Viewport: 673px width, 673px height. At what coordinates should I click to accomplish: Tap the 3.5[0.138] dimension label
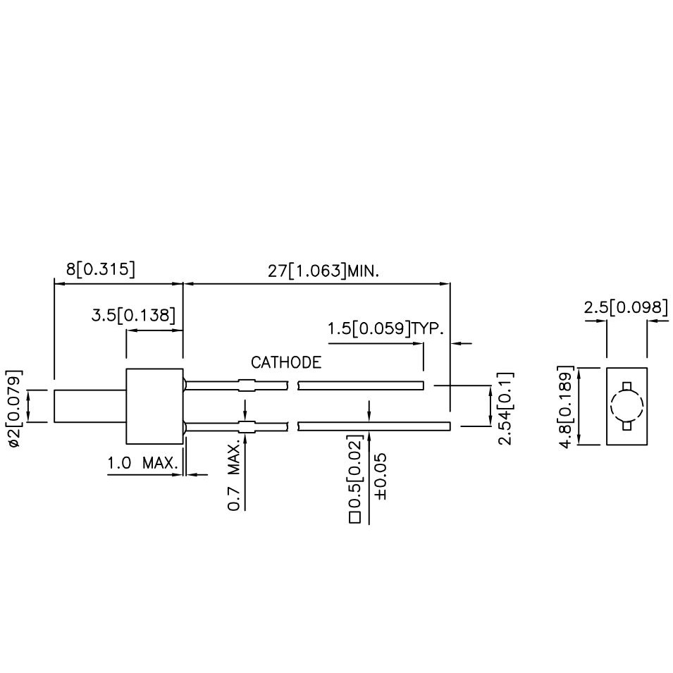(132, 316)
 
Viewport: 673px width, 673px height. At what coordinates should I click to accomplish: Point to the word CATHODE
(286, 363)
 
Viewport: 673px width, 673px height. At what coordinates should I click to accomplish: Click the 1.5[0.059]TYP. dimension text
(385, 329)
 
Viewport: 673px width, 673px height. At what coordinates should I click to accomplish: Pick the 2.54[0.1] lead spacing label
(506, 409)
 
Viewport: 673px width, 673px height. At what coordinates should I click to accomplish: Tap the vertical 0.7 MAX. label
(233, 476)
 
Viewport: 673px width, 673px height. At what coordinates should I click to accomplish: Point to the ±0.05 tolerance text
(381, 477)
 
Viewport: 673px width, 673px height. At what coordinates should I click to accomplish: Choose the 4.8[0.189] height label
(565, 405)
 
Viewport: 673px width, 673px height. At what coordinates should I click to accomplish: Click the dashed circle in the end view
(626, 405)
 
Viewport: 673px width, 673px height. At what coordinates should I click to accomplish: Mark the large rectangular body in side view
(154, 406)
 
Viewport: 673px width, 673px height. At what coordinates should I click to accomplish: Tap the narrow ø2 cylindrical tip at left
(89, 406)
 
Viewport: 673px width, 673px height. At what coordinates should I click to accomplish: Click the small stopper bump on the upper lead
(246, 385)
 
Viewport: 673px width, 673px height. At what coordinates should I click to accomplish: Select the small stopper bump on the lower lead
(246, 426)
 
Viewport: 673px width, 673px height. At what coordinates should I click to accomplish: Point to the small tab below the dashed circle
(626, 426)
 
